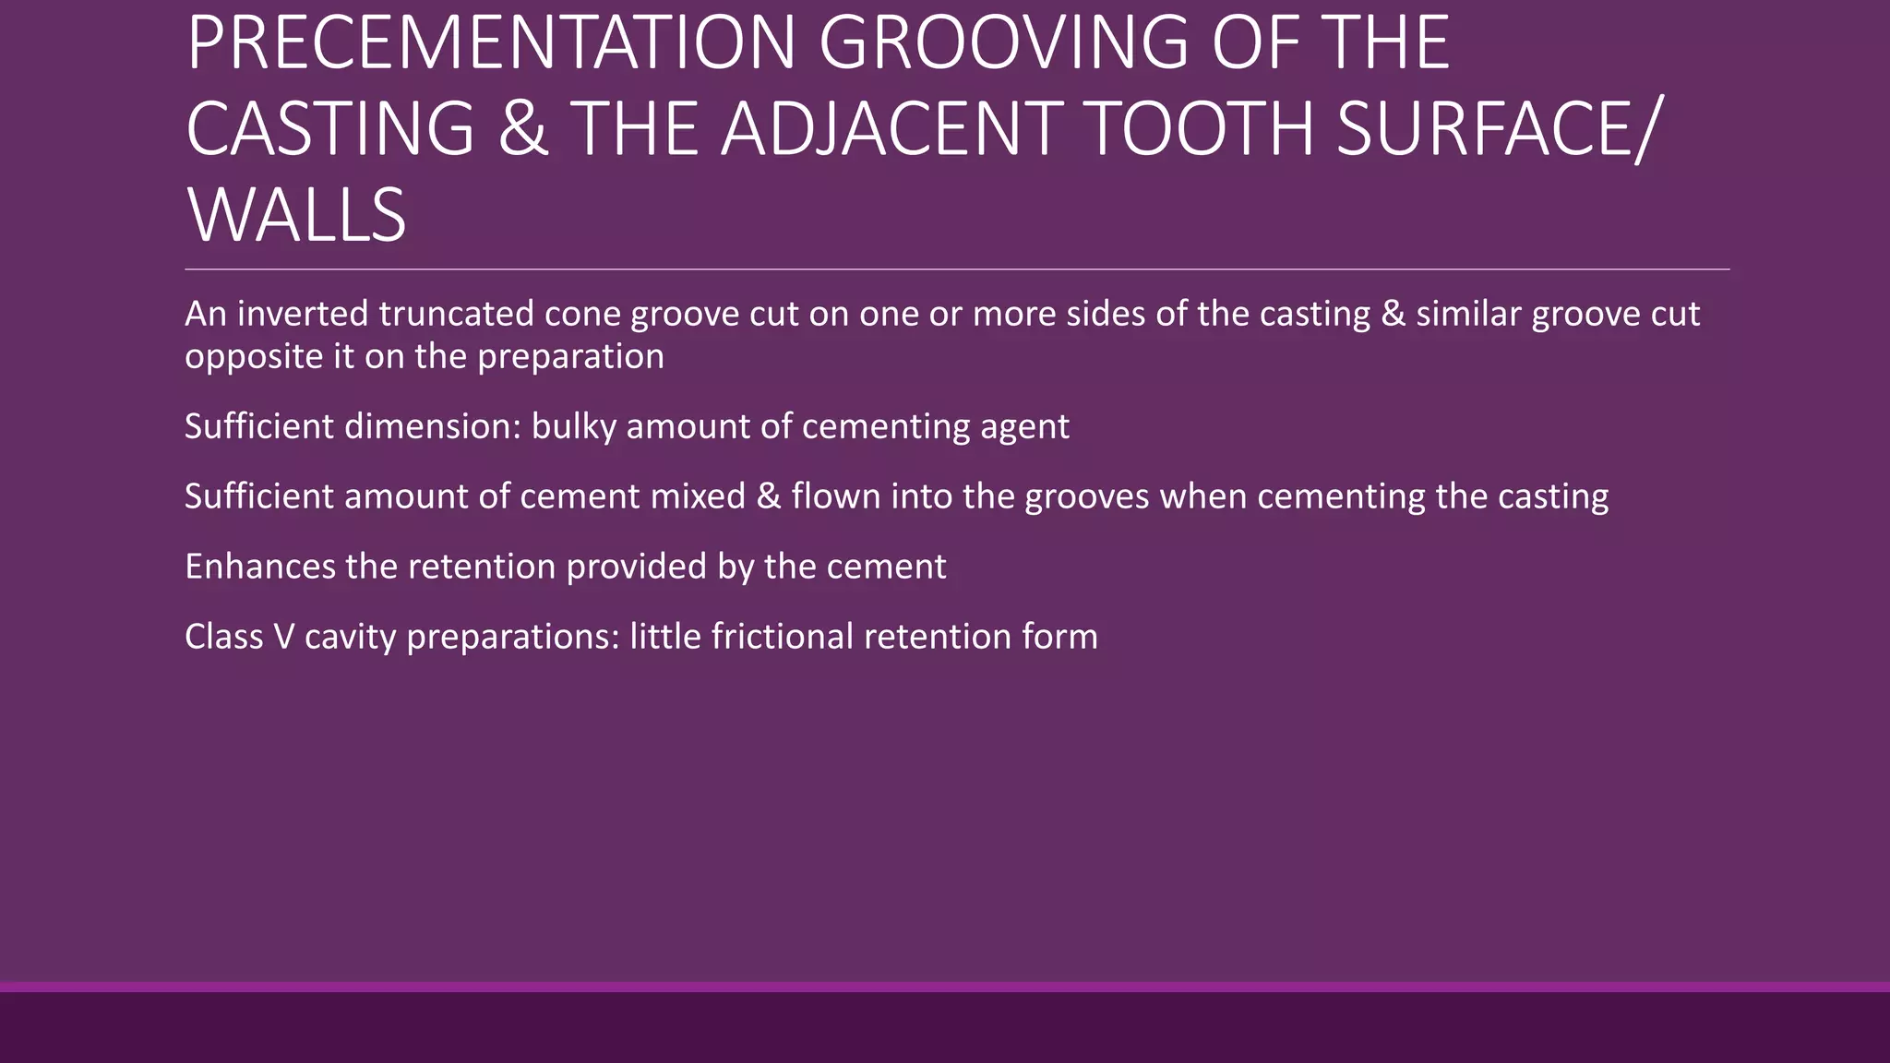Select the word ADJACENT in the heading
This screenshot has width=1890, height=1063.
click(x=891, y=128)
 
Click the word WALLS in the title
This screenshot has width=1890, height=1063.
click(x=296, y=215)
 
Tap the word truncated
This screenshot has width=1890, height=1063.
click(x=456, y=314)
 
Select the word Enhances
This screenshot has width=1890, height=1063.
click(x=259, y=567)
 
